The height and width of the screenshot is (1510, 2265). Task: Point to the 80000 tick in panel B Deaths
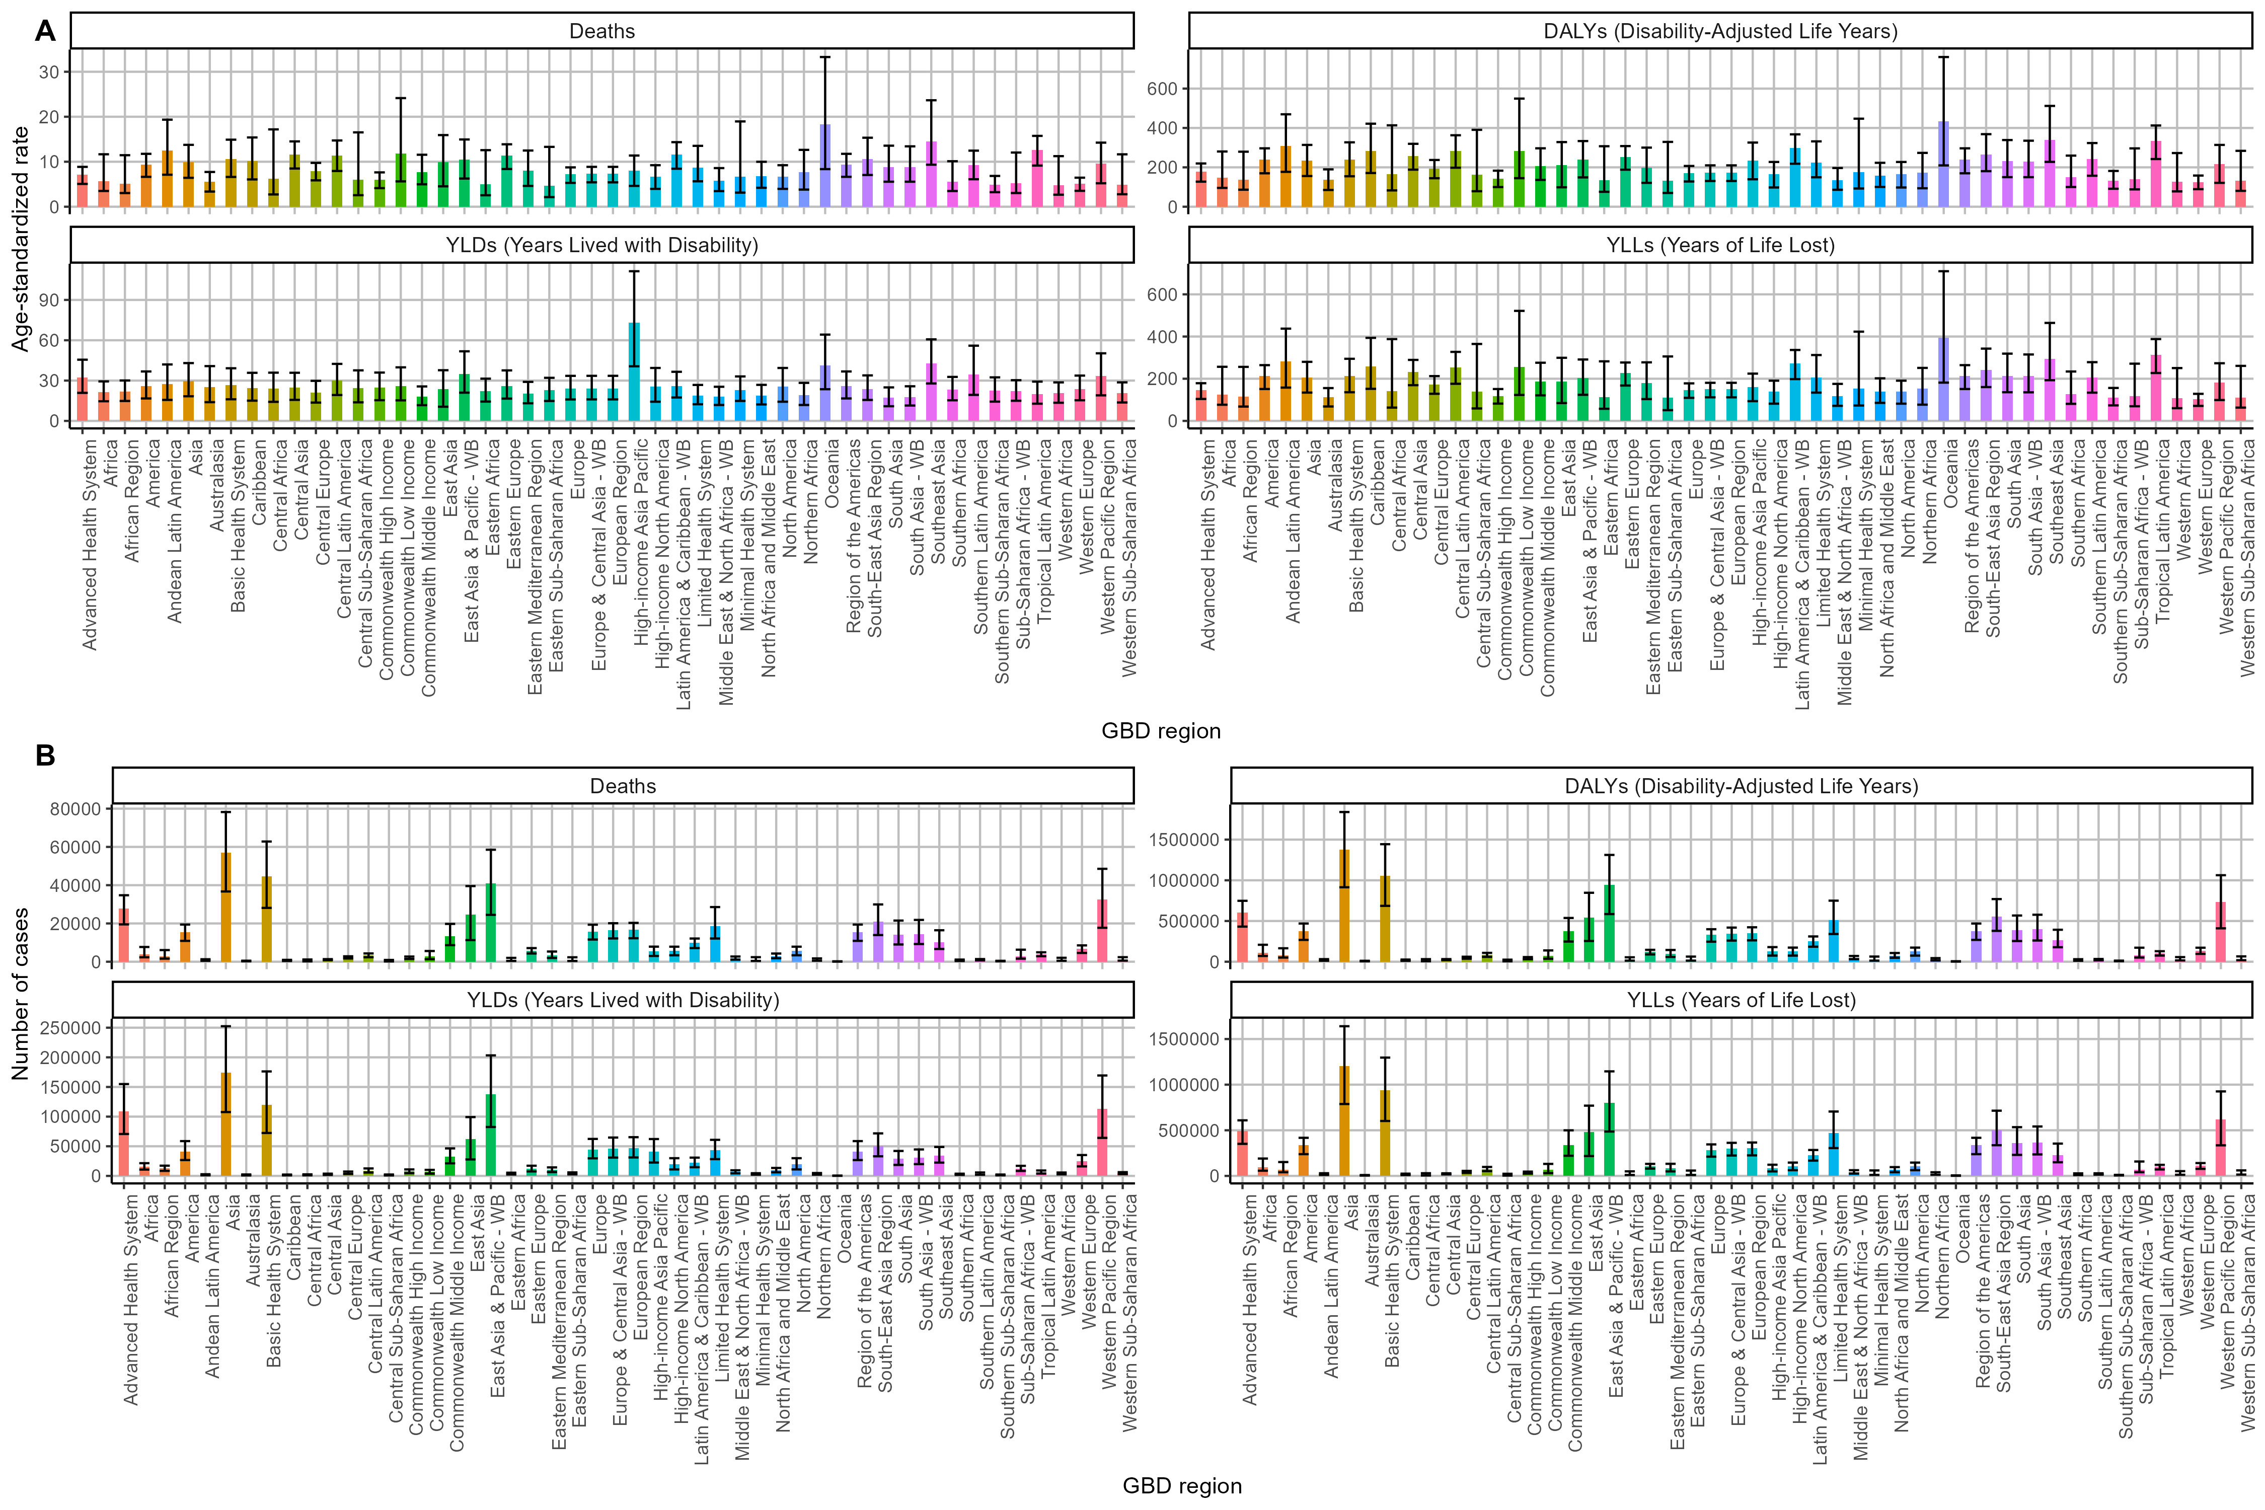[75, 809]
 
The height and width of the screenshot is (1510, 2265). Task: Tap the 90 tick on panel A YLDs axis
[48, 300]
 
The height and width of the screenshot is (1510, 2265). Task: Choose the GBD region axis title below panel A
[1160, 731]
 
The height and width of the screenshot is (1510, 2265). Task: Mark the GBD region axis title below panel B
[1182, 1486]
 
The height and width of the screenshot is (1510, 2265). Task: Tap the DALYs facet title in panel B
[1741, 786]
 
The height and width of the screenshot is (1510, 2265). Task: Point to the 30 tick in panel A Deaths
[48, 71]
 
